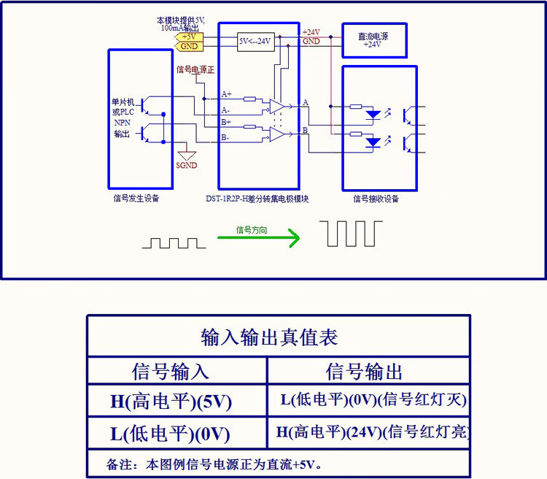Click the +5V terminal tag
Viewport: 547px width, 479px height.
pyautogui.click(x=189, y=37)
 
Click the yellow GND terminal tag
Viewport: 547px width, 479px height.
pyautogui.click(x=189, y=46)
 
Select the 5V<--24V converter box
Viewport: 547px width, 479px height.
pyautogui.click(x=255, y=42)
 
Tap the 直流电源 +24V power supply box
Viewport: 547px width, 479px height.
pyautogui.click(x=374, y=40)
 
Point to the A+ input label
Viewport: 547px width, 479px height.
pyautogui.click(x=226, y=95)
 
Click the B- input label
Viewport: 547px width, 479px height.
pyautogui.click(x=225, y=137)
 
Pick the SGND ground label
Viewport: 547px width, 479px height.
pyautogui.click(x=187, y=165)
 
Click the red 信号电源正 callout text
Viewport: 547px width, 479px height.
pyautogui.click(x=195, y=70)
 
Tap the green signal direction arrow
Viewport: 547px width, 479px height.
pyautogui.click(x=259, y=237)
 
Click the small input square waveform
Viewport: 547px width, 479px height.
pyautogui.click(x=174, y=242)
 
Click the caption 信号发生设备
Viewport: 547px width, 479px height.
pyautogui.click(x=136, y=198)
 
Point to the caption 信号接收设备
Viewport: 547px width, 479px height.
pyautogui.click(x=376, y=198)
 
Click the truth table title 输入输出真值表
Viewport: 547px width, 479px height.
pyautogui.click(x=269, y=337)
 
